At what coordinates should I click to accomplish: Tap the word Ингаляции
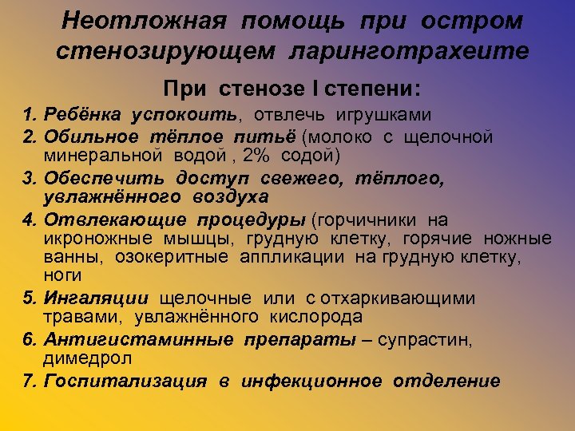click(x=96, y=299)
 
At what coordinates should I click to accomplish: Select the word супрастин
click(x=424, y=340)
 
